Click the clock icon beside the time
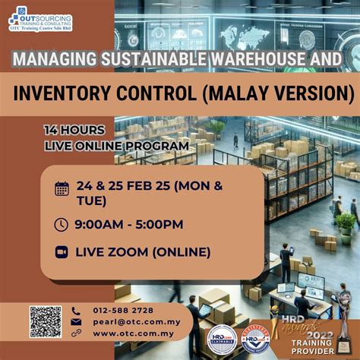(x=62, y=224)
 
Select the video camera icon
(x=62, y=252)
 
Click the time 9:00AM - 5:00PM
(x=129, y=224)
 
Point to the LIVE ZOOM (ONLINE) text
(x=143, y=252)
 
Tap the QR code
(x=46, y=322)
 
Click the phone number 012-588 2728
(x=123, y=310)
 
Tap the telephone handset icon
(x=76, y=310)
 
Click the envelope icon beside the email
(x=76, y=321)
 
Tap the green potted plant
(x=346, y=224)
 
